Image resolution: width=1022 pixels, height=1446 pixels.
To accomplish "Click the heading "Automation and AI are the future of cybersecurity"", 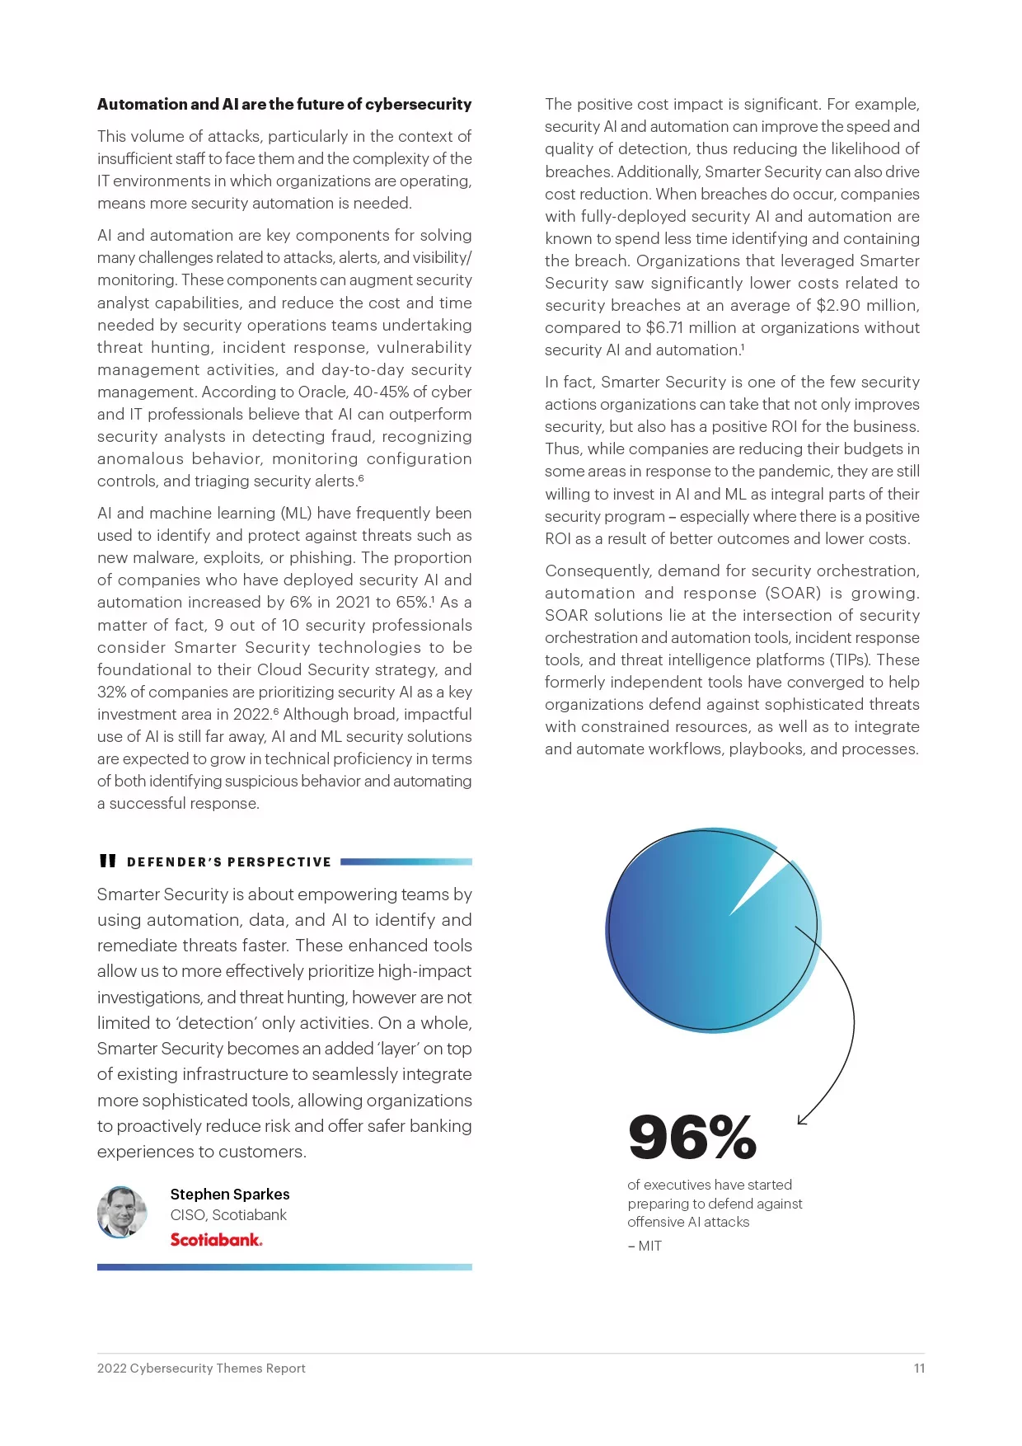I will (x=284, y=105).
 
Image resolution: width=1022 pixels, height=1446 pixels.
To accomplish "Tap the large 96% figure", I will (x=692, y=1138).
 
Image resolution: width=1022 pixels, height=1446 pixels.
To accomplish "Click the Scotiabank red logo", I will (x=216, y=1240).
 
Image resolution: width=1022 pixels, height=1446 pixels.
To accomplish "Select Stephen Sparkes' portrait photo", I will (x=122, y=1212).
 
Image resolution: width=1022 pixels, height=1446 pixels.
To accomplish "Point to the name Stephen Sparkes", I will (x=230, y=1195).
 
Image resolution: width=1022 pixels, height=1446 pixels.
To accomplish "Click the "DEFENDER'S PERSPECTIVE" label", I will (x=229, y=862).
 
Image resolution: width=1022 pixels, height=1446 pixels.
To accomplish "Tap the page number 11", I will (x=919, y=1369).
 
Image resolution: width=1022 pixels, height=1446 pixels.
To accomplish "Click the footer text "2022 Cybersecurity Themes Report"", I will (x=201, y=1369).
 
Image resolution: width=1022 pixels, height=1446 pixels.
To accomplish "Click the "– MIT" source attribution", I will (x=645, y=1246).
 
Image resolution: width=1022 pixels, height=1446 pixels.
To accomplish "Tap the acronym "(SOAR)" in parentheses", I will (x=793, y=594).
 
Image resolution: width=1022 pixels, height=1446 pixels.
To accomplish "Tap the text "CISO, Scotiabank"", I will (x=228, y=1215).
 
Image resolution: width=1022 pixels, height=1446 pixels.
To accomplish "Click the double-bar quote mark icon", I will (x=107, y=861).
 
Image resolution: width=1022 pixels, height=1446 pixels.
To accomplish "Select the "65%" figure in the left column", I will (x=414, y=603).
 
